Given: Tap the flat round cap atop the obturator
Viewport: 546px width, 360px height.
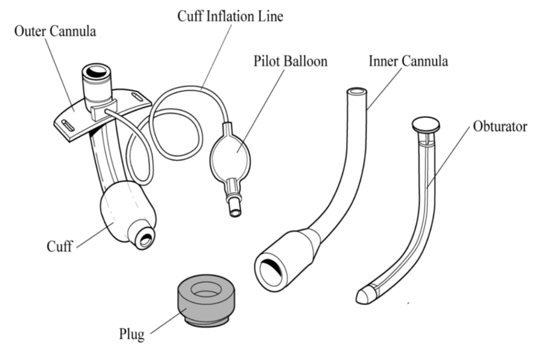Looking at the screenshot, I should pyautogui.click(x=426, y=123).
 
